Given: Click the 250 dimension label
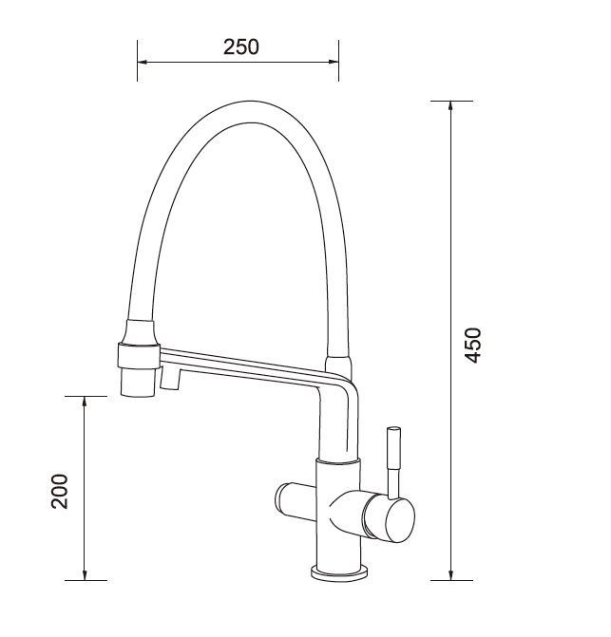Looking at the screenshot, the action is coord(241,47).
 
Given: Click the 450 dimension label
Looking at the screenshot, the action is coord(473,345).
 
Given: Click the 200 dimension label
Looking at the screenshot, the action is coord(60,491).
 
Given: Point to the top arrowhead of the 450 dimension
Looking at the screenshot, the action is coord(450,105).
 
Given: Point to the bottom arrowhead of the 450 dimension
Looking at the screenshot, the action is coord(450,575).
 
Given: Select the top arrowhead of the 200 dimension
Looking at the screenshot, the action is coord(85,401).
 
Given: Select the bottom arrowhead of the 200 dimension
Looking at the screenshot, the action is coord(85,575).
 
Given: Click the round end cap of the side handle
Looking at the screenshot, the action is coord(400,520).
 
